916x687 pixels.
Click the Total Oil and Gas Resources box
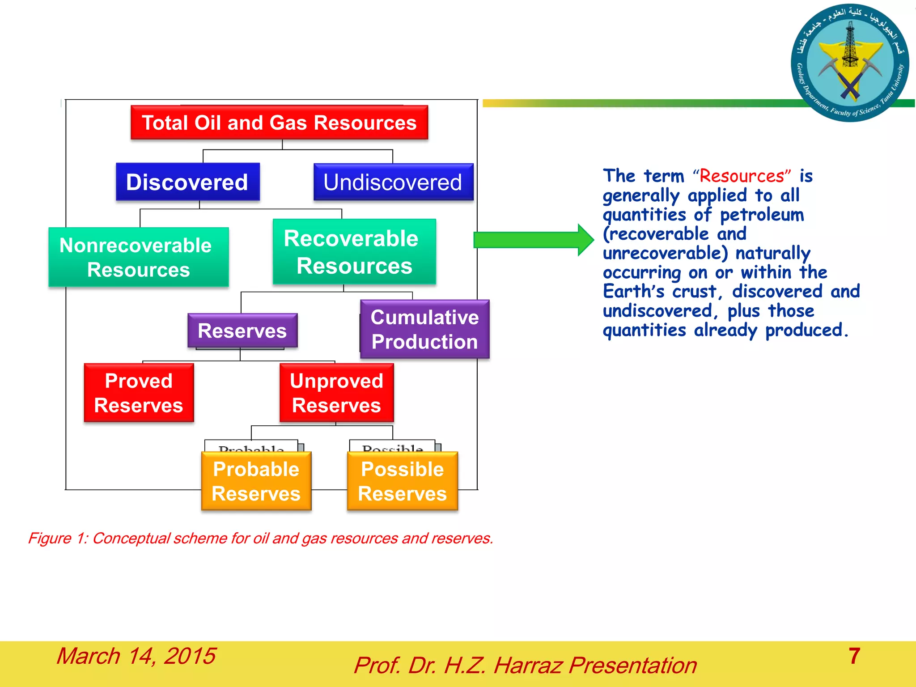[279, 123]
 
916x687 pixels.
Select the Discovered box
[187, 182]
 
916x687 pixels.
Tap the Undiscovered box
[393, 182]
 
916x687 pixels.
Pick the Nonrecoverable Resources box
[138, 257]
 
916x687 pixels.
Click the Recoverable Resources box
[354, 252]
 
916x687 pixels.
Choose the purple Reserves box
[242, 331]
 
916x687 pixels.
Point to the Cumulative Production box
[424, 329]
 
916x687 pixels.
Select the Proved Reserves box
[139, 393]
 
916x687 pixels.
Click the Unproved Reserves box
[336, 393]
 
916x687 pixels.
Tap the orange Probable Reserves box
[256, 481]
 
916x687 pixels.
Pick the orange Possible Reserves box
[402, 481]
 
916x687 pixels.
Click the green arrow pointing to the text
[532, 240]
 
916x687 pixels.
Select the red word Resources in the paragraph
[742, 176]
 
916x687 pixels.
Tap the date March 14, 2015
[136, 656]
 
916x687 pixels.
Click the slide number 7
[854, 656]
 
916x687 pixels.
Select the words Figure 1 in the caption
[58, 538]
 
